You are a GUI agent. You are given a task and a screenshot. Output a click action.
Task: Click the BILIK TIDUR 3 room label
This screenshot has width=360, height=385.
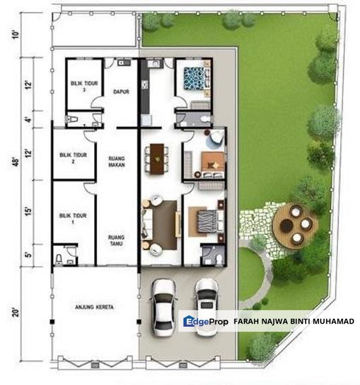[80, 87]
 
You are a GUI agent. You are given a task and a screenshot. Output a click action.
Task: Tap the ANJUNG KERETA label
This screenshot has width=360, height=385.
[95, 307]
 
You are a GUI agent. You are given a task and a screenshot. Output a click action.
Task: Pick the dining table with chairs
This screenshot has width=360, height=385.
[155, 158]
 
